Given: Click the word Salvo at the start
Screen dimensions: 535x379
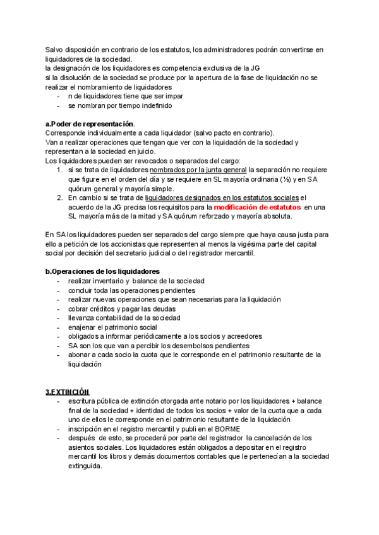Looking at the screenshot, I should tap(55, 50).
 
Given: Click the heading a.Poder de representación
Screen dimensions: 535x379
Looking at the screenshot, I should tap(90, 124).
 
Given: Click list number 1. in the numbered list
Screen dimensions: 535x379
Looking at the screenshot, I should tap(59, 170).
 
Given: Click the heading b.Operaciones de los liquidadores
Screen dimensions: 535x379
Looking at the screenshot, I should tap(102, 271).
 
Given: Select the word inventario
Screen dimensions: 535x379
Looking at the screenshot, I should tap(105, 281).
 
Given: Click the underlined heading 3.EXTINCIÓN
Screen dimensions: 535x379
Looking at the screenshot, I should tap(67, 392).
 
